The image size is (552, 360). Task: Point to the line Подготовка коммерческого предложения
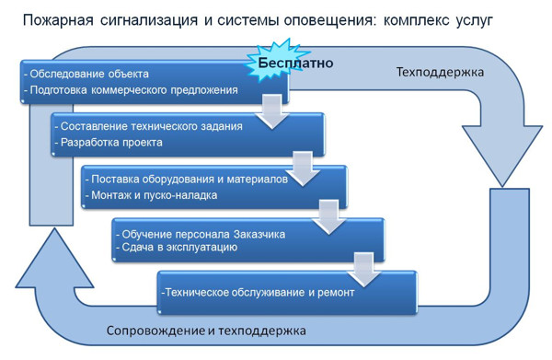point(134,90)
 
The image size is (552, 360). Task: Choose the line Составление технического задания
point(150,126)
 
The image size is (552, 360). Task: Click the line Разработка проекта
point(109,143)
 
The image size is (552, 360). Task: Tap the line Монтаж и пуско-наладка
point(157,195)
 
